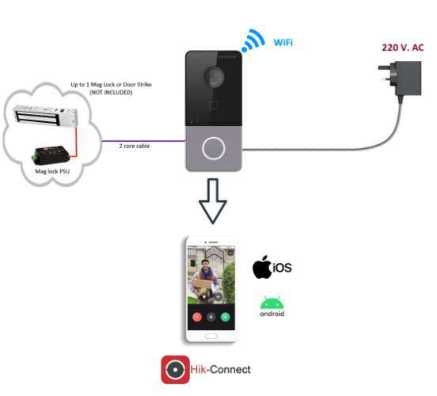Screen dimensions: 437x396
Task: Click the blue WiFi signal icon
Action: coord(253,41)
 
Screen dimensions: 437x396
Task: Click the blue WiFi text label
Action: coord(283,43)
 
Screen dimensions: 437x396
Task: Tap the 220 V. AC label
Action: coord(402,48)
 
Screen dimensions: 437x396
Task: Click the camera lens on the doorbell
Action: coord(214,75)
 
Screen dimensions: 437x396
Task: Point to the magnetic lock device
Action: coord(46,116)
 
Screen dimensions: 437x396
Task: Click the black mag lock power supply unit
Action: coord(51,154)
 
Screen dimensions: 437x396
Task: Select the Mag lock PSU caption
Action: coord(52,171)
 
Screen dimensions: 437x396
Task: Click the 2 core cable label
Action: coord(135,146)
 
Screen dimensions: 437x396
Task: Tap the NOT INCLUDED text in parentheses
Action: coord(111,93)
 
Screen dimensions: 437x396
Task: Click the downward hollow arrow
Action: coord(213,201)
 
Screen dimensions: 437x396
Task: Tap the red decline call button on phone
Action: coord(197,317)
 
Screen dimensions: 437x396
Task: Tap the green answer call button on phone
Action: coord(225,317)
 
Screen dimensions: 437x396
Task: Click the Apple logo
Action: coord(262,267)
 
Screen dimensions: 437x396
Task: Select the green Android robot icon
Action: coord(272,303)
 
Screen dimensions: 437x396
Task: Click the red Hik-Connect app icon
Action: coord(175,370)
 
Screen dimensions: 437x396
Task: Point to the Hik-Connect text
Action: coord(220,370)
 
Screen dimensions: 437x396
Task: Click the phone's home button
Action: coord(211,336)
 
